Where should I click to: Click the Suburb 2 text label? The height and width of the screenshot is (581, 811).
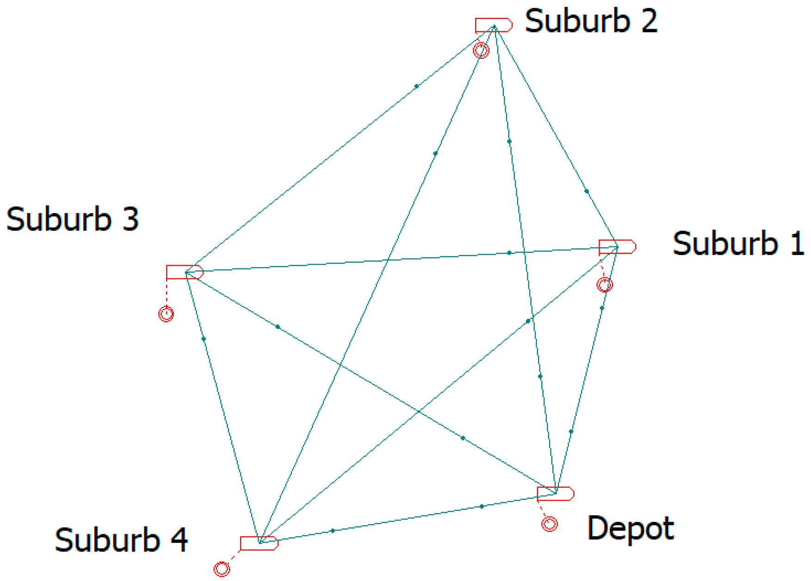tap(591, 21)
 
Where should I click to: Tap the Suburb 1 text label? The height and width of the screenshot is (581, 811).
tap(738, 244)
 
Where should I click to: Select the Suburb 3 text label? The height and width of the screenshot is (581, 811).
tap(72, 219)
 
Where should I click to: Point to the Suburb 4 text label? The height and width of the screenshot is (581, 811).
tap(121, 540)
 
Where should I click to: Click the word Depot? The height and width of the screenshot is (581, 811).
tap(630, 528)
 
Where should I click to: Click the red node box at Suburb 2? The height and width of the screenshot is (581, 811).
tap(493, 25)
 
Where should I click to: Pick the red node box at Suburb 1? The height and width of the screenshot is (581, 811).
tap(617, 247)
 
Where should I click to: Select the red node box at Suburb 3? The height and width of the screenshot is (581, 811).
tap(184, 272)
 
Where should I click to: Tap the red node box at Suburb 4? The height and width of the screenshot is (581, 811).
tap(259, 543)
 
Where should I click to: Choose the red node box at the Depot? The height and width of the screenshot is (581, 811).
tap(555, 494)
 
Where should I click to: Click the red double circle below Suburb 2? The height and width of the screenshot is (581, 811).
tap(481, 50)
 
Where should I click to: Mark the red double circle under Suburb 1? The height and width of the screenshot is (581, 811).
tap(605, 285)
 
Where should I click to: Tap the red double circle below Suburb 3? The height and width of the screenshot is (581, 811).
tap(166, 314)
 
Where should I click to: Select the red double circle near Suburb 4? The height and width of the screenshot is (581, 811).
tap(222, 569)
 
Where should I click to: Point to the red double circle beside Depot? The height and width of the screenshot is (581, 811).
tap(549, 524)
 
